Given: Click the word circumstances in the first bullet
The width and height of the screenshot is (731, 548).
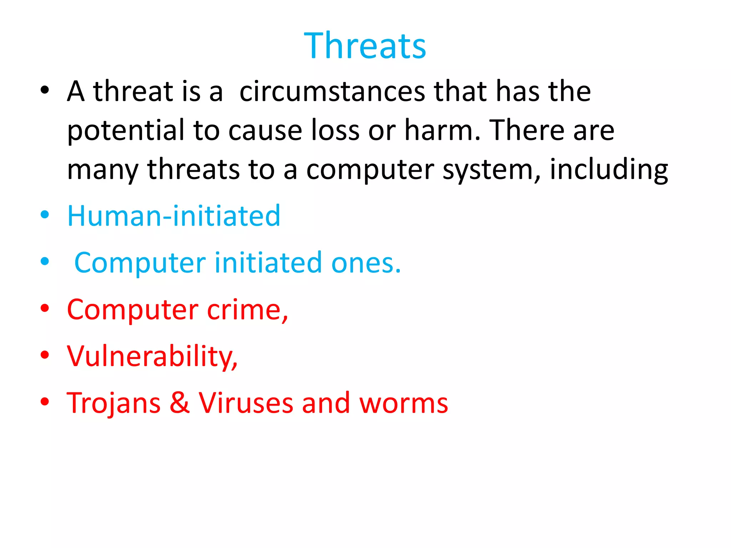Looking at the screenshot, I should click(332, 91).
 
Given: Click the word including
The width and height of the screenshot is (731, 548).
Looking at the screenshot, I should click(609, 170).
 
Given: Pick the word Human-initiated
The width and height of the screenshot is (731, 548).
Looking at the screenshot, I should click(174, 216).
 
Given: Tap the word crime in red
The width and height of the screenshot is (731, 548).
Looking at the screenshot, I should click(247, 309).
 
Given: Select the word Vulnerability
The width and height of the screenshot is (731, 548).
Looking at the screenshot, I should click(152, 356).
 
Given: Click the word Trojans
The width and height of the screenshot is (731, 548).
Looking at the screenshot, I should click(114, 403).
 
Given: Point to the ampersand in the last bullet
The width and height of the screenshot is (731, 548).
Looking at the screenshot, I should click(180, 403).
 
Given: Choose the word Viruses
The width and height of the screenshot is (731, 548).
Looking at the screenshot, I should click(246, 403).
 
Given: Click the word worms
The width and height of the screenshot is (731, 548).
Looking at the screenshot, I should click(403, 404).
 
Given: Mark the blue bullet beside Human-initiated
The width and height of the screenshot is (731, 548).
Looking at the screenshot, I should click(45, 215).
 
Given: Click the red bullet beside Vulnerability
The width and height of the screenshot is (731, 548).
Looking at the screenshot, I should click(45, 355).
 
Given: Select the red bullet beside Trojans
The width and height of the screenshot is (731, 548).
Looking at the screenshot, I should click(45, 402).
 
